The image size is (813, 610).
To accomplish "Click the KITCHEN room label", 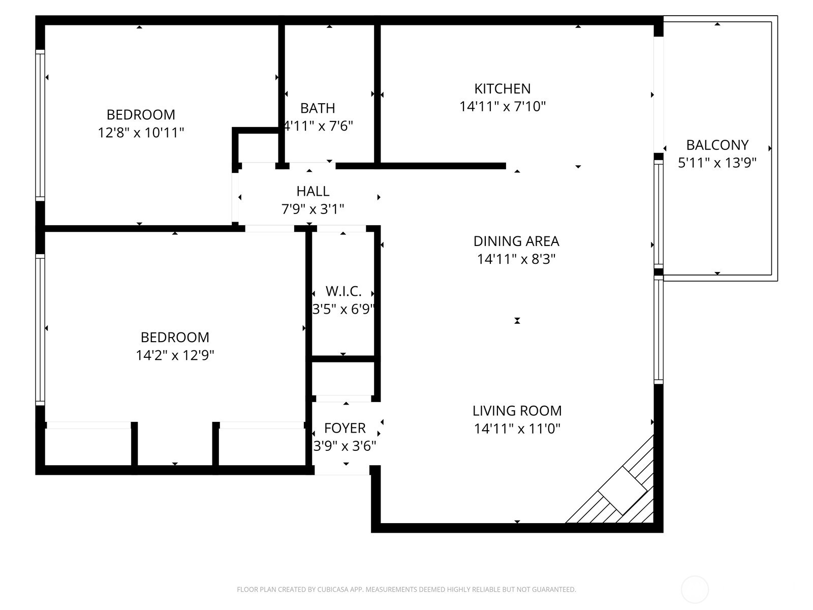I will (502, 88).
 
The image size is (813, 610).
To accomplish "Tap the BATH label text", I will (318, 108).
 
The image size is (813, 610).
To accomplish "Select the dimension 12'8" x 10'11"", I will (141, 133).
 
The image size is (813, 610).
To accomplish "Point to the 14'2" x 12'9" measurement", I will (175, 355).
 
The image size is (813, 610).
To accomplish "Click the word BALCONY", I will (717, 145).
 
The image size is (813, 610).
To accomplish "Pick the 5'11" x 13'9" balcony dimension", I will (717, 163).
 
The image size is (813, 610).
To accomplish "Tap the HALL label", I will (312, 191).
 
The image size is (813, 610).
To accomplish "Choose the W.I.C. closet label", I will (343, 291).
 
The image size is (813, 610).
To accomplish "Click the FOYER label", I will (345, 428).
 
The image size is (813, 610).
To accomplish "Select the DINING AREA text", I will (516, 241).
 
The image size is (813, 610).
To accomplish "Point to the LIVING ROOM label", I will (517, 411).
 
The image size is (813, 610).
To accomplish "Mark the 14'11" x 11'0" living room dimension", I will (517, 429).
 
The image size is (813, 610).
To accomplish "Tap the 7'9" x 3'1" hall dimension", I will (312, 209).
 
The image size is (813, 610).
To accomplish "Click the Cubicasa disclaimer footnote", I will (406, 590).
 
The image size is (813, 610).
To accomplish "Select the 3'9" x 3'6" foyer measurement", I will (345, 446).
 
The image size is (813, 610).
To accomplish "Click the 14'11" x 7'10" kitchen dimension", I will (502, 107).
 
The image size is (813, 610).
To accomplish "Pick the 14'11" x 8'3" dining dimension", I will (516, 259).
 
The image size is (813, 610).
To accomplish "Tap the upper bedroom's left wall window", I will (40, 125).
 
